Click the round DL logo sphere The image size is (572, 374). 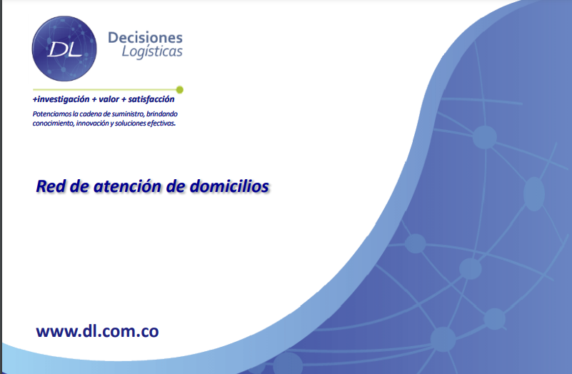point(64,49)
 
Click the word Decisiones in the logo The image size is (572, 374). point(145,38)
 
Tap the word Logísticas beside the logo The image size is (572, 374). point(152,52)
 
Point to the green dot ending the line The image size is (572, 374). point(179,90)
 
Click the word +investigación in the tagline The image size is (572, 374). point(61,99)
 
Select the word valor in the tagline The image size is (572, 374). point(109,99)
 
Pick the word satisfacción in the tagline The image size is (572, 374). point(151,99)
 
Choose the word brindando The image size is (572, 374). point(162,113)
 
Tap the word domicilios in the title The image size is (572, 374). point(229,186)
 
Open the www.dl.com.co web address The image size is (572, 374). point(97,331)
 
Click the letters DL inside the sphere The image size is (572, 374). point(64,49)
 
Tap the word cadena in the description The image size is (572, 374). point(91,113)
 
